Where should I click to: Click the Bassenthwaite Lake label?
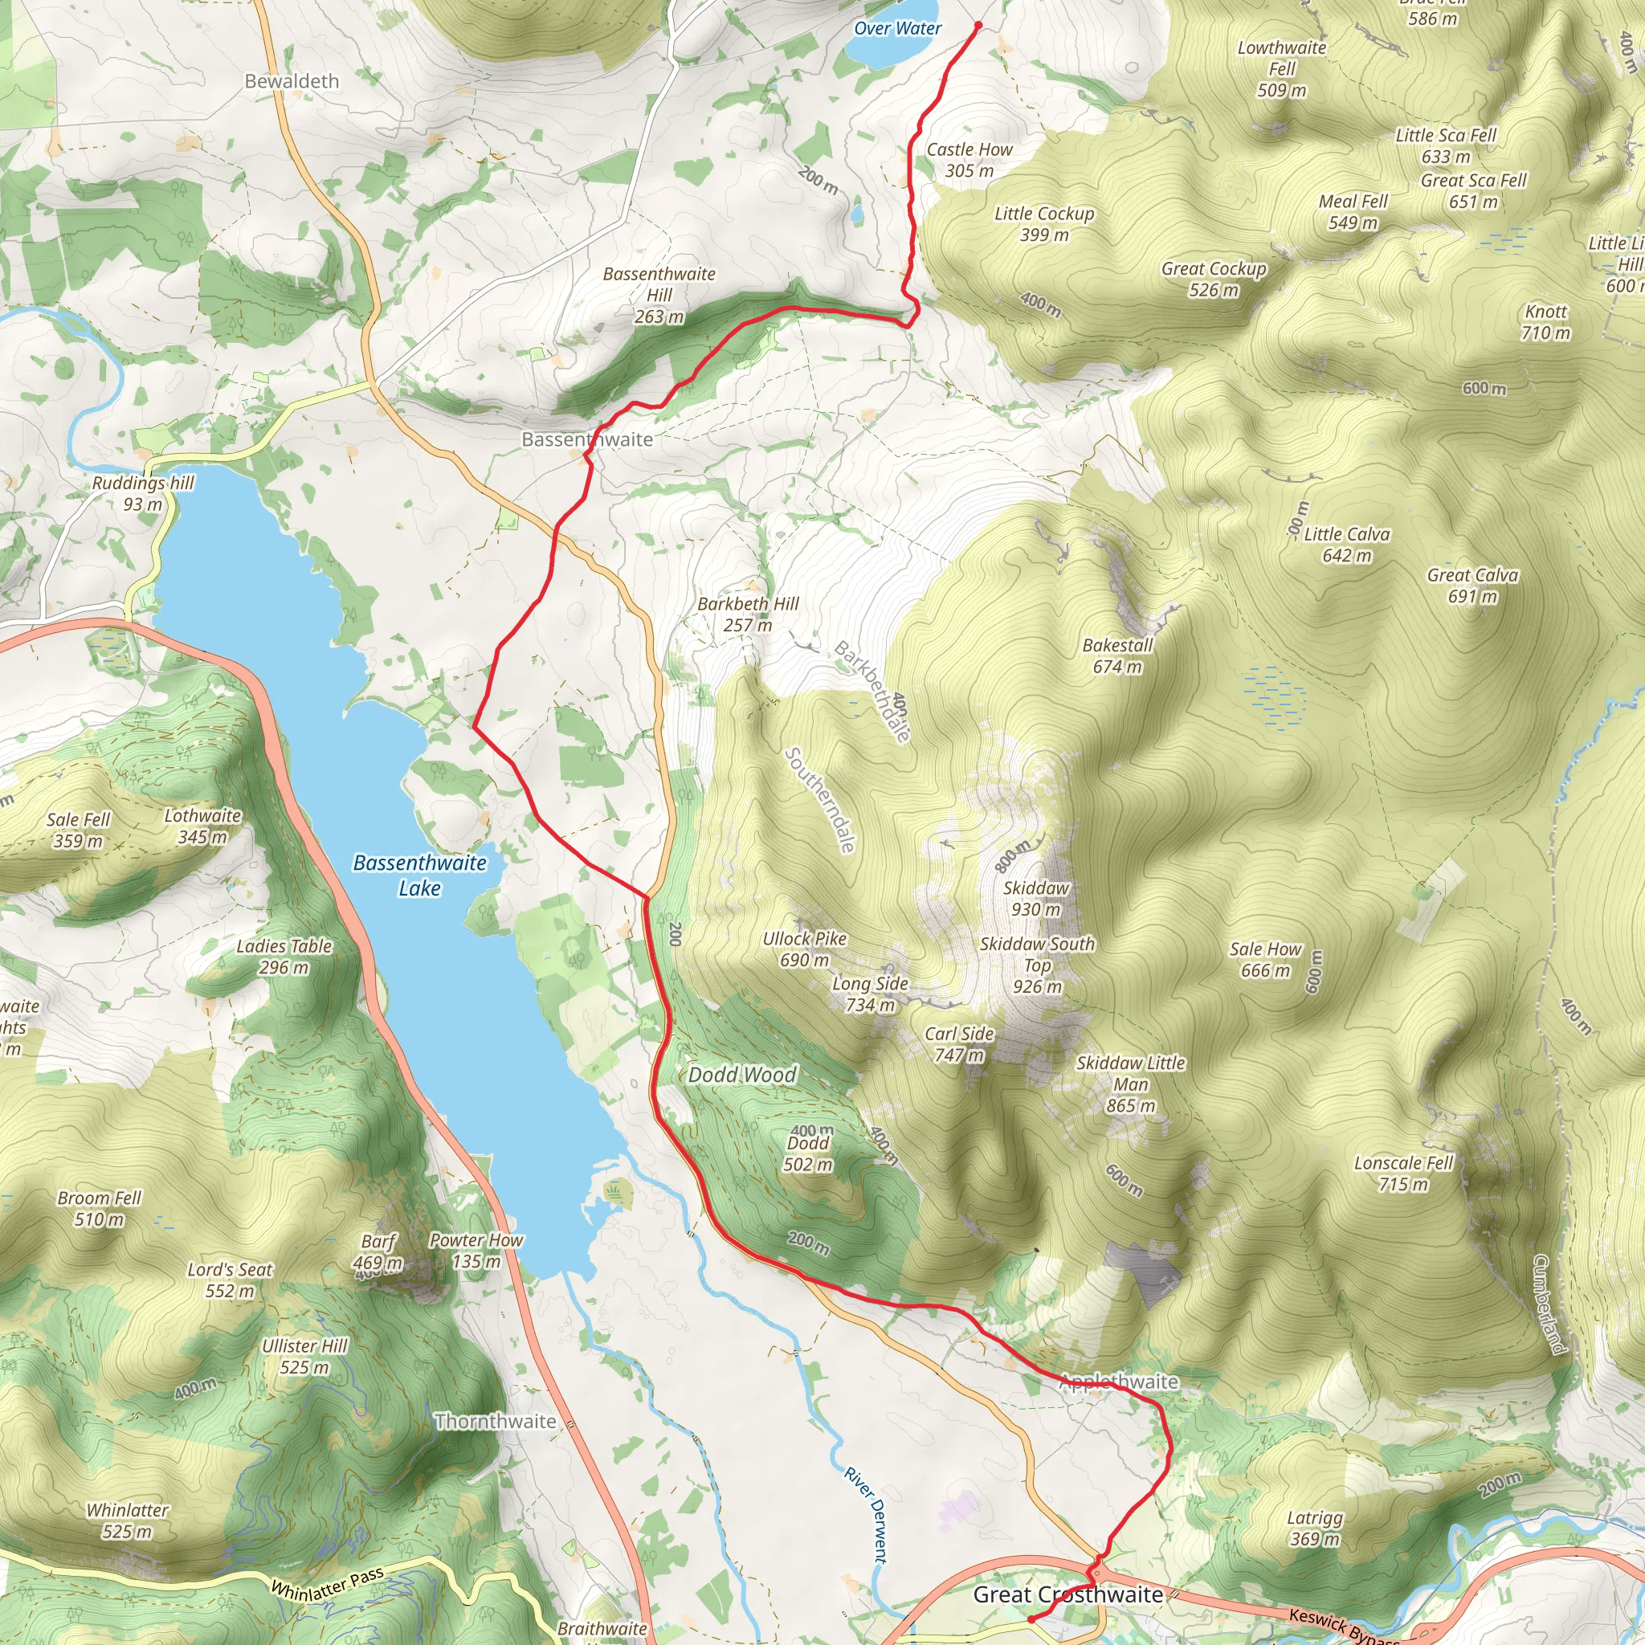pos(420,875)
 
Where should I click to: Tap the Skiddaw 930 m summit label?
pos(1035,898)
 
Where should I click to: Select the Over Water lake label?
pos(897,28)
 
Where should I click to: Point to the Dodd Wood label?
pos(741,1075)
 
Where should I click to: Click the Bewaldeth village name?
pos(292,81)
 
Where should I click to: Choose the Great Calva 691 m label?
pos(1472,585)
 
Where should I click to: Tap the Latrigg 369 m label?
pos(1315,1528)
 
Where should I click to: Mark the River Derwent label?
pos(866,1515)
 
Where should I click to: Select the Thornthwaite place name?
pos(495,1421)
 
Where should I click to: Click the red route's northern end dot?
pos(978,26)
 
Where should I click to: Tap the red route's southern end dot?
pos(1031,1618)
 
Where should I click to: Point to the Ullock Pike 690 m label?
pos(805,949)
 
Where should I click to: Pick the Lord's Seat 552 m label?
pos(230,1280)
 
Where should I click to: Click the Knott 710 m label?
pos(1545,322)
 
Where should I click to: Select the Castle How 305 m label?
pos(969,159)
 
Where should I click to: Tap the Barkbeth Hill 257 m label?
pos(748,614)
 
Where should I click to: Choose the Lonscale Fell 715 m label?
pos(1403,1173)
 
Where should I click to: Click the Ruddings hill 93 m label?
pos(143,493)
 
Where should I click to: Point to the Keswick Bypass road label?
pos(1343,1625)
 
